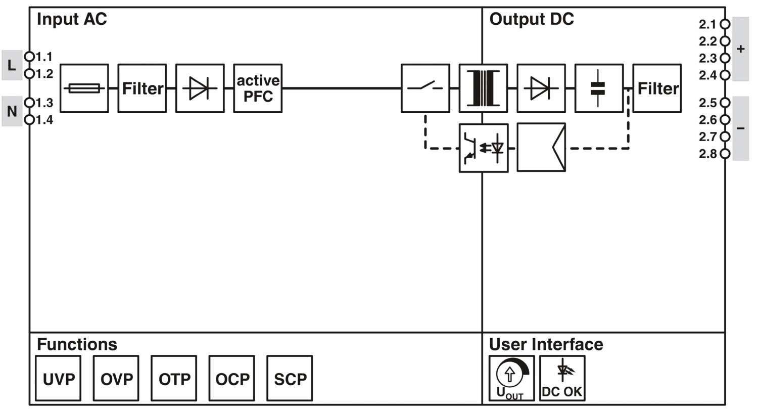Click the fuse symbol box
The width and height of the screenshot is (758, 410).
tap(84, 88)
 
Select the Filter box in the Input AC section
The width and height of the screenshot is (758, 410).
tap(142, 88)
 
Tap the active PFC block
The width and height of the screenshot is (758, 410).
tap(258, 88)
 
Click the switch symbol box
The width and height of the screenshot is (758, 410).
tap(425, 88)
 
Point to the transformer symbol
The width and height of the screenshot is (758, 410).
tap(483, 88)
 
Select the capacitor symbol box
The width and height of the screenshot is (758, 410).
tap(599, 88)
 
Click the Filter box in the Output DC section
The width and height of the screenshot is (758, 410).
tap(657, 88)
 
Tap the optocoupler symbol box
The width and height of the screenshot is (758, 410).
tap(483, 148)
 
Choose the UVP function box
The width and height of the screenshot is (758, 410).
tap(59, 379)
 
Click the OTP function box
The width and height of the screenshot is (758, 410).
tap(174, 379)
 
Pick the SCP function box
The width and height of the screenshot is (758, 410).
tap(290, 379)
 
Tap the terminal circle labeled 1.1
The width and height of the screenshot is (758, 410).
tap(29, 56)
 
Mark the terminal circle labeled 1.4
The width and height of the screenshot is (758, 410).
tap(29, 120)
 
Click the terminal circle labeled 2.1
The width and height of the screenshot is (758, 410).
tap(725, 24)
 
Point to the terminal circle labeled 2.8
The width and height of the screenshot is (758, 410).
tap(725, 154)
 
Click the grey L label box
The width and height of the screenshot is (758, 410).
tap(12, 65)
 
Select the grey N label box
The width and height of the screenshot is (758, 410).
tap(12, 111)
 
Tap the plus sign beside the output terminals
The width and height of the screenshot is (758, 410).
tap(741, 49)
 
